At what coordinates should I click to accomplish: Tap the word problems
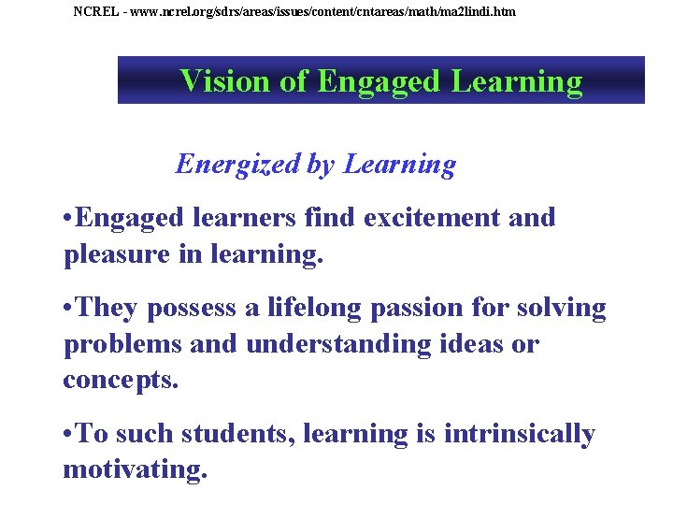tap(122, 344)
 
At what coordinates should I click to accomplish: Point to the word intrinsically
tap(521, 434)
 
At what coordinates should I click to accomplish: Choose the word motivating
tap(135, 469)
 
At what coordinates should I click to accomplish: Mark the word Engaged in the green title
tap(379, 82)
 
